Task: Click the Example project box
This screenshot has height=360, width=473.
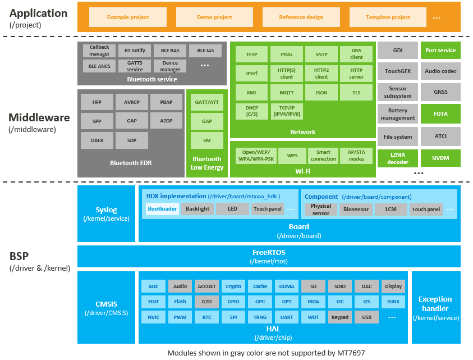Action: (x=127, y=17)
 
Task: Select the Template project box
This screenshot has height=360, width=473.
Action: (x=388, y=17)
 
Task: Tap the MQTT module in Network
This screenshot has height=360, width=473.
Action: (x=286, y=92)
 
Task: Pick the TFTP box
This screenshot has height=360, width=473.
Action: (x=251, y=54)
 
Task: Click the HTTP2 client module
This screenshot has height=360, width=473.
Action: (x=321, y=73)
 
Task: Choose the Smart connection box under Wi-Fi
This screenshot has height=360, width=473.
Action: (x=323, y=156)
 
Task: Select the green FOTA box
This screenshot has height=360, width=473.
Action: (x=440, y=114)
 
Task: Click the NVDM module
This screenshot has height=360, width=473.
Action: (x=440, y=158)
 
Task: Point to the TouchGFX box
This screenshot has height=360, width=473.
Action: (x=398, y=71)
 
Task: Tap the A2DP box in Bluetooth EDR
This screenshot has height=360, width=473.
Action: (x=166, y=121)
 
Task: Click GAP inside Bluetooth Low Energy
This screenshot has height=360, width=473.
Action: (x=206, y=121)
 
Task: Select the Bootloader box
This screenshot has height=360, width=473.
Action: (x=162, y=209)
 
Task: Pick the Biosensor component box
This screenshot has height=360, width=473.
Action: (x=356, y=209)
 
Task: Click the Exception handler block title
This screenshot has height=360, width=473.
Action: (x=435, y=304)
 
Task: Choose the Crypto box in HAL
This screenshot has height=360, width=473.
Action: (x=233, y=286)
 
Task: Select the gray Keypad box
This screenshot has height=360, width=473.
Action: (x=339, y=317)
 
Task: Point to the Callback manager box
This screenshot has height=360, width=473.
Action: (x=99, y=51)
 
